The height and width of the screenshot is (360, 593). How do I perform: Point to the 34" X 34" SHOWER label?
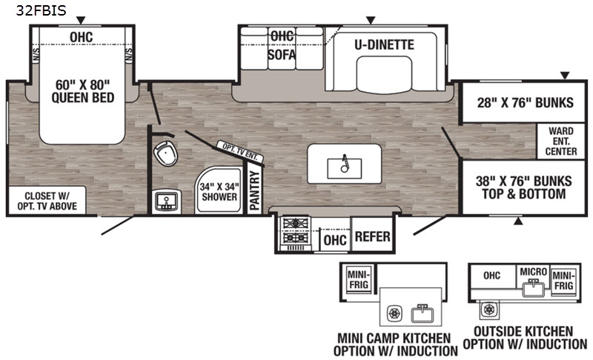click(218, 192)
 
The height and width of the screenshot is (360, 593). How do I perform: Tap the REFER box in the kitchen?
click(371, 236)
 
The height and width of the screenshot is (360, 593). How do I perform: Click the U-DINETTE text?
click(383, 45)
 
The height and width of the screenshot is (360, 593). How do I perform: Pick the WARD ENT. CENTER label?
click(562, 141)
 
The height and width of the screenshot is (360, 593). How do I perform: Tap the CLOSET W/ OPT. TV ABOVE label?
click(45, 201)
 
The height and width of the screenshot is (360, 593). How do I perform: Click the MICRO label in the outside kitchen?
click(533, 272)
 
